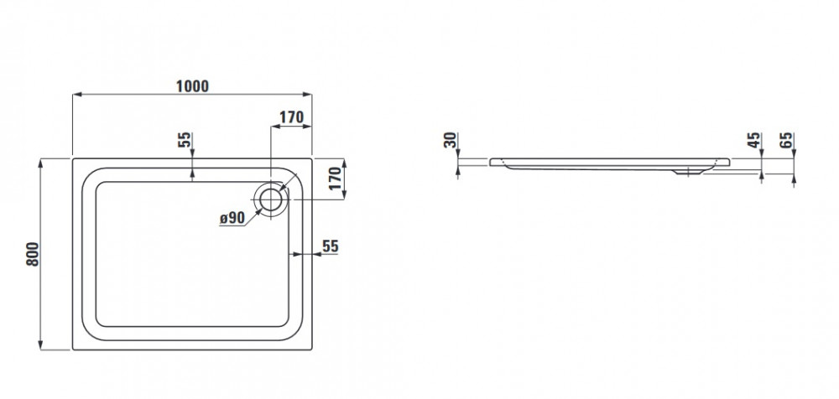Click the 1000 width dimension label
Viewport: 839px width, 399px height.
(x=193, y=86)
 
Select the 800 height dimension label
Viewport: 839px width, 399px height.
(x=33, y=255)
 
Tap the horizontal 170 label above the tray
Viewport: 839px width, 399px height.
(x=292, y=117)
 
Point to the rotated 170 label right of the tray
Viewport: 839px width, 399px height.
(x=335, y=179)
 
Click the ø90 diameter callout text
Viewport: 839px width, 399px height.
(x=232, y=218)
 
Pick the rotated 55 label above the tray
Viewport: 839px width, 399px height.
(x=185, y=140)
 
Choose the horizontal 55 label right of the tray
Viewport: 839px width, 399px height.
(x=331, y=246)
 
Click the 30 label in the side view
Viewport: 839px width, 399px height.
(x=451, y=140)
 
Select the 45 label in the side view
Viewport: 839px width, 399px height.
(x=754, y=140)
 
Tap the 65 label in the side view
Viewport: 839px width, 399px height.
(x=787, y=140)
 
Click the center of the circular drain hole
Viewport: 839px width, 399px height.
(x=271, y=199)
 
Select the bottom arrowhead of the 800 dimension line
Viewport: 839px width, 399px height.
(x=40, y=345)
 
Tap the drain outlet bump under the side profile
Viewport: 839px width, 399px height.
(x=689, y=172)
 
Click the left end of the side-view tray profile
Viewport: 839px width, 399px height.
(x=490, y=161)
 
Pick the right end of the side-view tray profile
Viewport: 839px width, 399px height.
(x=728, y=161)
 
